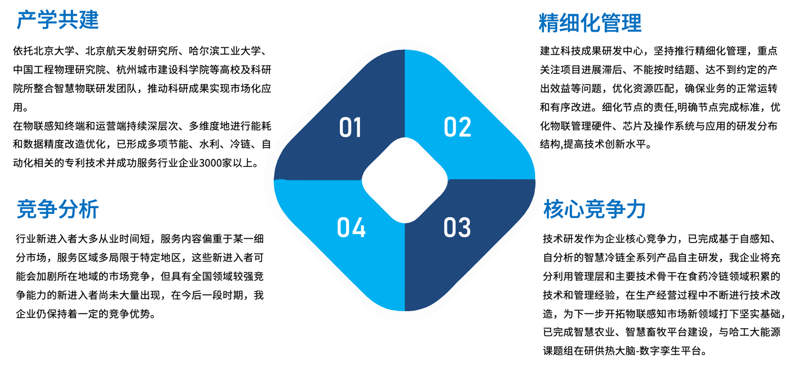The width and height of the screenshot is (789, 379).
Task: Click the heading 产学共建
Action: (x=57, y=20)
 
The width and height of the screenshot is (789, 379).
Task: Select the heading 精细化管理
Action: (x=591, y=23)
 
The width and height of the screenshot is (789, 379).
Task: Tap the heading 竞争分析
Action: (x=57, y=209)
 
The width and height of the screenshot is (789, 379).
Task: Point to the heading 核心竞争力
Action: (x=594, y=209)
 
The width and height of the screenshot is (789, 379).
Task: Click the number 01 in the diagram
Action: (x=350, y=127)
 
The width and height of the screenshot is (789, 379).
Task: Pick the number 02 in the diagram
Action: (x=457, y=127)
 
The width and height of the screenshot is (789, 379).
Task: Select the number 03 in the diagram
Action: (x=457, y=227)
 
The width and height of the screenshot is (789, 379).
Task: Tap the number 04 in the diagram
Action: (x=351, y=227)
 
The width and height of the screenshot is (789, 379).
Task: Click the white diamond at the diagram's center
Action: (x=405, y=180)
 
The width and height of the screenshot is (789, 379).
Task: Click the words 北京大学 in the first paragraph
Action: (x=54, y=51)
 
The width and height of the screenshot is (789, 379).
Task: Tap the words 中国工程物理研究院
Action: (x=60, y=70)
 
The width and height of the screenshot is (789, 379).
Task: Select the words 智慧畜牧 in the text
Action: (x=646, y=332)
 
